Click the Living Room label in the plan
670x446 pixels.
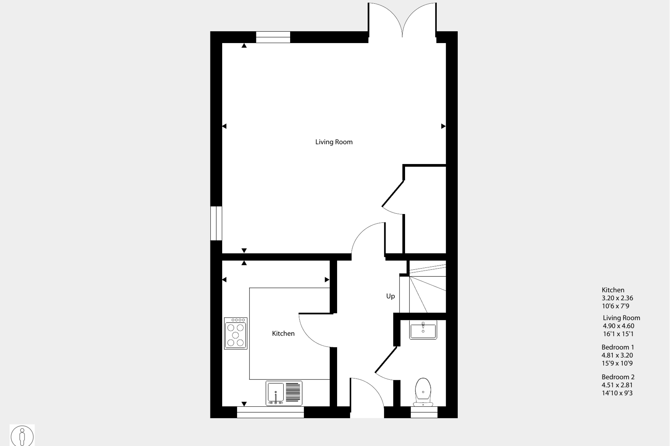[334, 142]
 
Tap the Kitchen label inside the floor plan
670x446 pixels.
[283, 333]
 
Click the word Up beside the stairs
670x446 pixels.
[390, 296]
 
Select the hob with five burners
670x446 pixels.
[236, 333]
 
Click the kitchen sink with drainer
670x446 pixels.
[284, 393]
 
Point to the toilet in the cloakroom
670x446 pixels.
[423, 392]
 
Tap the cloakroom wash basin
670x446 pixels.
[423, 330]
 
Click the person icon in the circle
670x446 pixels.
[22, 436]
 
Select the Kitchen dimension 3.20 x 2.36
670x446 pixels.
[618, 298]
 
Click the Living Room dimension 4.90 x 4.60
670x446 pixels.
[619, 326]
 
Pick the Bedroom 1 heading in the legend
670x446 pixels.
[618, 347]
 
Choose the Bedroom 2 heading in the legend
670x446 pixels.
[618, 377]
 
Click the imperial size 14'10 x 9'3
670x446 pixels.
[617, 393]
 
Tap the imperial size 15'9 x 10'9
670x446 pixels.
[617, 363]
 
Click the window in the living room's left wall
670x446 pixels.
[216, 223]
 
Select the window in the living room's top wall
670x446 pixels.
[273, 37]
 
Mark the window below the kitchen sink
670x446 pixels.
[270, 412]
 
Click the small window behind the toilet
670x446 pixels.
[424, 412]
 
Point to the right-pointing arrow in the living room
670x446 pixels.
[443, 126]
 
